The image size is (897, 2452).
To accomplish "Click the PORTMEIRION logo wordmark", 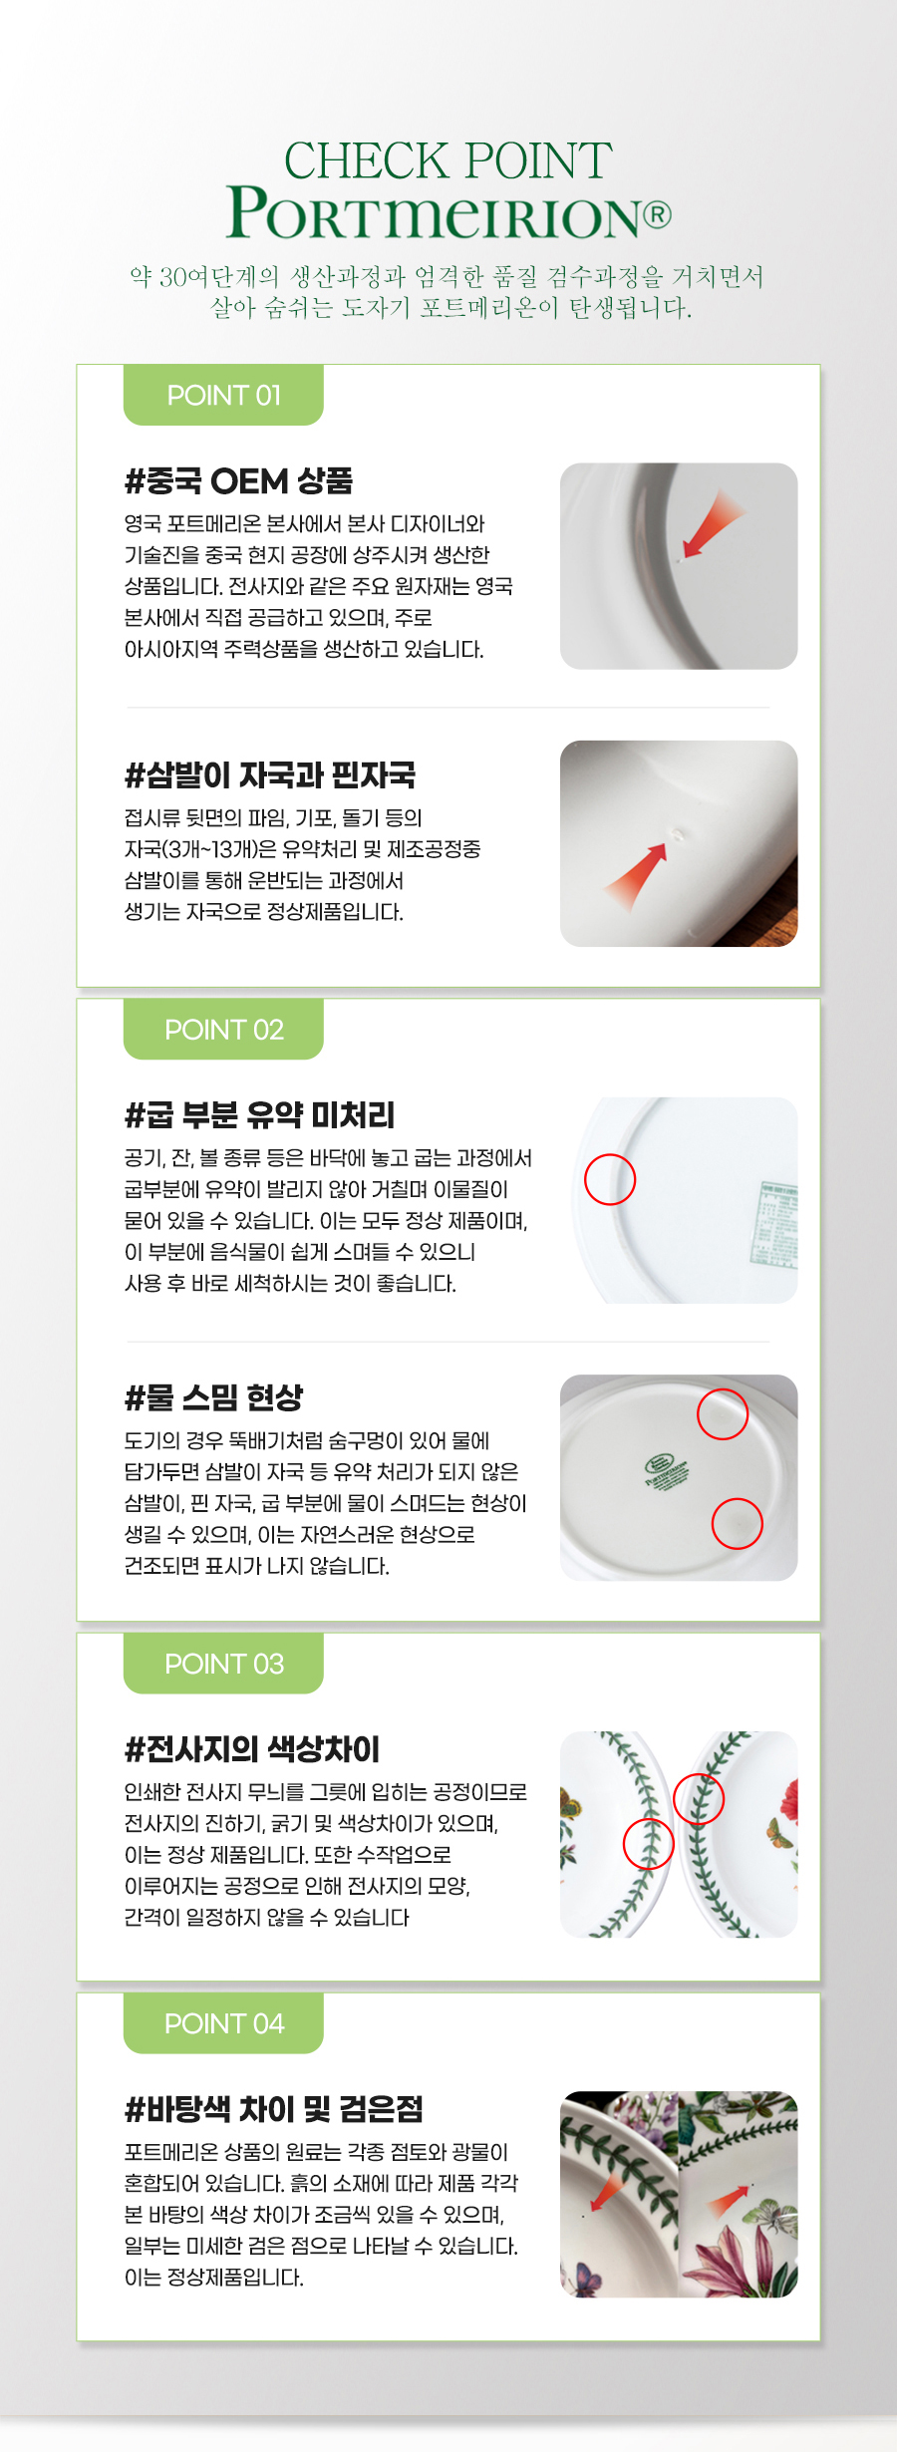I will click(x=437, y=213).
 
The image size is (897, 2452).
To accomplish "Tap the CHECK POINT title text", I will click(x=448, y=160).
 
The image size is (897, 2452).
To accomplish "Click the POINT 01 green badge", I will click(x=223, y=396).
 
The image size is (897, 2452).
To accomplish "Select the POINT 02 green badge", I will click(x=223, y=1030).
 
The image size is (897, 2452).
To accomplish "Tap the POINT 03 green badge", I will click(x=223, y=1664).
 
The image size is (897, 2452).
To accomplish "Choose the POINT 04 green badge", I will click(x=223, y=2023).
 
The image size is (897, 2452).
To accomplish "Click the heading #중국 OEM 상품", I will click(x=238, y=481).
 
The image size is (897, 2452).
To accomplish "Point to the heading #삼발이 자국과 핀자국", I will click(x=270, y=774).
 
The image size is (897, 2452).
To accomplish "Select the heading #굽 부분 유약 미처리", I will click(x=259, y=1114).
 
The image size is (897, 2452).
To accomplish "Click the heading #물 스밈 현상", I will click(x=213, y=1397).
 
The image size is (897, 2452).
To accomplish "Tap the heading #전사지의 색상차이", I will click(x=252, y=1748).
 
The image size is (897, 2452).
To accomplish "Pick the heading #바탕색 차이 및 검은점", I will click(x=274, y=2108).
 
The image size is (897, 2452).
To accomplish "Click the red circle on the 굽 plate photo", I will click(x=610, y=1179).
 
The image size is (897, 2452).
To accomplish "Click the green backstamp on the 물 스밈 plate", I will click(x=667, y=1471).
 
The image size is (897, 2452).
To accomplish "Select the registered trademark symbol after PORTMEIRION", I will click(x=657, y=214).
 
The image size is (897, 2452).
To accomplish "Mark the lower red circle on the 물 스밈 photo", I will click(x=737, y=1523).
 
